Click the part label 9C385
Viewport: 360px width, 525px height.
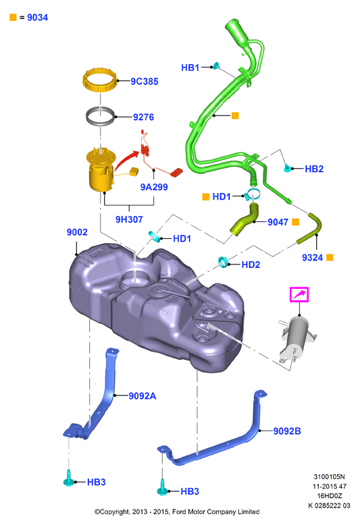tap(144, 82)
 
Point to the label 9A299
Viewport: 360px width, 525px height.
tap(154, 187)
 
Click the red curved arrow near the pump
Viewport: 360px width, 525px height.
tap(128, 159)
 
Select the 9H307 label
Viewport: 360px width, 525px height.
tap(129, 219)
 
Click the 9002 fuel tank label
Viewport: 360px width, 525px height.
tap(77, 232)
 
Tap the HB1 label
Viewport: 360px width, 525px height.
tap(190, 67)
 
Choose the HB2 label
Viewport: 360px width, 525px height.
tap(314, 169)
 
